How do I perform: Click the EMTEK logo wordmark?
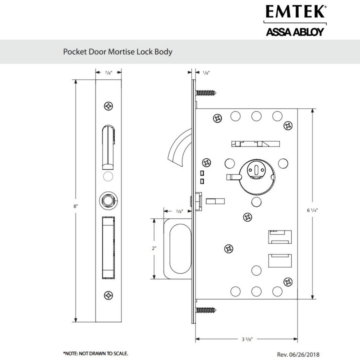point(295,12)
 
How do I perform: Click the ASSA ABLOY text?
point(295,32)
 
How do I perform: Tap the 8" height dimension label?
point(76,206)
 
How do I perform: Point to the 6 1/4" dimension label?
point(312,210)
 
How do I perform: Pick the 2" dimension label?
point(154,248)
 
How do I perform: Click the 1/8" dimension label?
point(207,72)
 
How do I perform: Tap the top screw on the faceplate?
point(108,106)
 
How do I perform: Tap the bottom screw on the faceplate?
point(108,295)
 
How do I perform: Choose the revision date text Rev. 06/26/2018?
point(300,354)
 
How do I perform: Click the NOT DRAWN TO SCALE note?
point(95,353)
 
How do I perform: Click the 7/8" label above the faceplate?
point(108,72)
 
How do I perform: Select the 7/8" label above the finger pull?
point(179,211)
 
